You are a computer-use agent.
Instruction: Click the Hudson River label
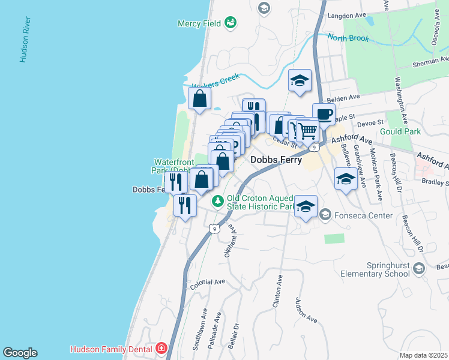(x=25, y=40)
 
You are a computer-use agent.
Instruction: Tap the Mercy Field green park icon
(x=229, y=23)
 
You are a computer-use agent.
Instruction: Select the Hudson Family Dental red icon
(x=160, y=348)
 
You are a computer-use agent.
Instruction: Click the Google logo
(x=20, y=353)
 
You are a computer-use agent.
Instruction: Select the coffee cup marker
(x=324, y=114)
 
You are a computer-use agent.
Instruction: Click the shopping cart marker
(x=307, y=129)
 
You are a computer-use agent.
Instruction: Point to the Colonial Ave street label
(x=207, y=282)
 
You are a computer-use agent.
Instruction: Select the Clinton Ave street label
(x=277, y=292)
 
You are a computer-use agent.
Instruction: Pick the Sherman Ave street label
(x=431, y=62)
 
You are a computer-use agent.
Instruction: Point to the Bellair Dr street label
(x=235, y=329)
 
